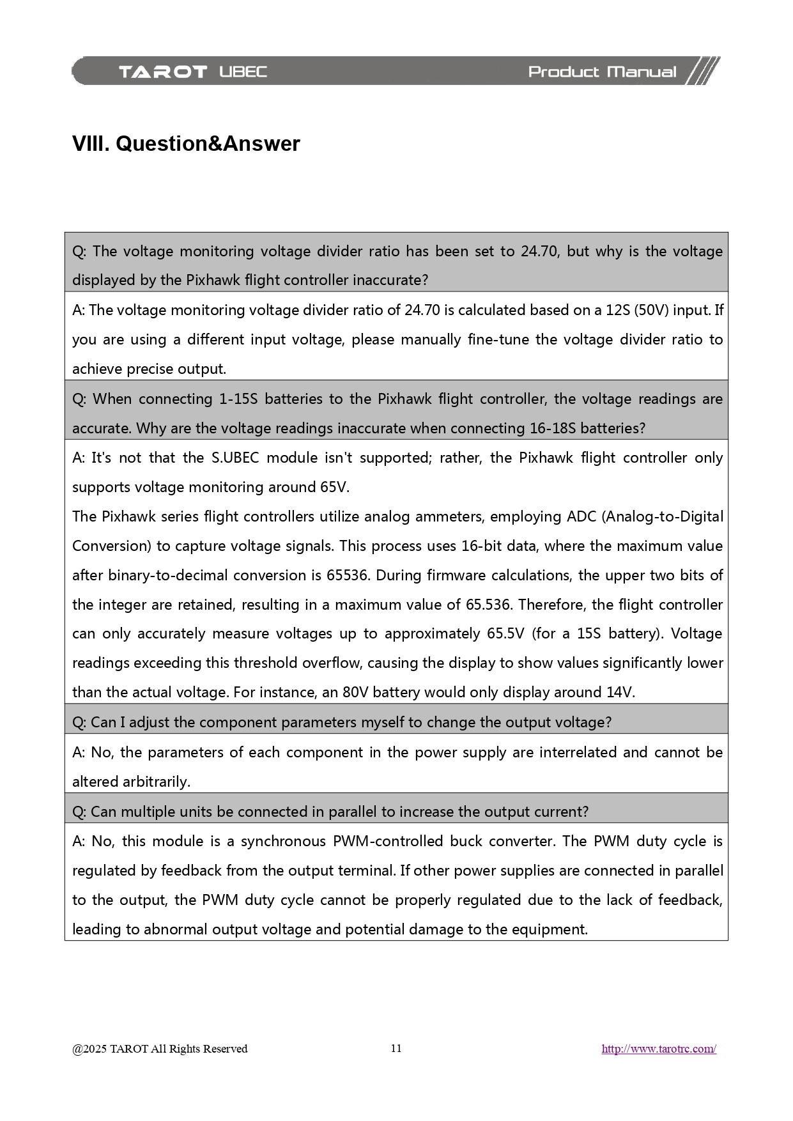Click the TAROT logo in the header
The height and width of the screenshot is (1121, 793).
163,72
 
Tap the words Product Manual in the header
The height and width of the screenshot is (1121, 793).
602,72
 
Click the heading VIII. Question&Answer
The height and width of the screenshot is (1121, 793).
186,144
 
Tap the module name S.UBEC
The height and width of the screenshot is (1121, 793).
235,458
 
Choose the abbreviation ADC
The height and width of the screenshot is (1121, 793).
582,517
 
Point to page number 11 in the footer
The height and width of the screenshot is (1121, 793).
396,1048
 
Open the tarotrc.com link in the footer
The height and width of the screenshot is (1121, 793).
659,1049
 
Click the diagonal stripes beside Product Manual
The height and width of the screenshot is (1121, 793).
703,71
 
